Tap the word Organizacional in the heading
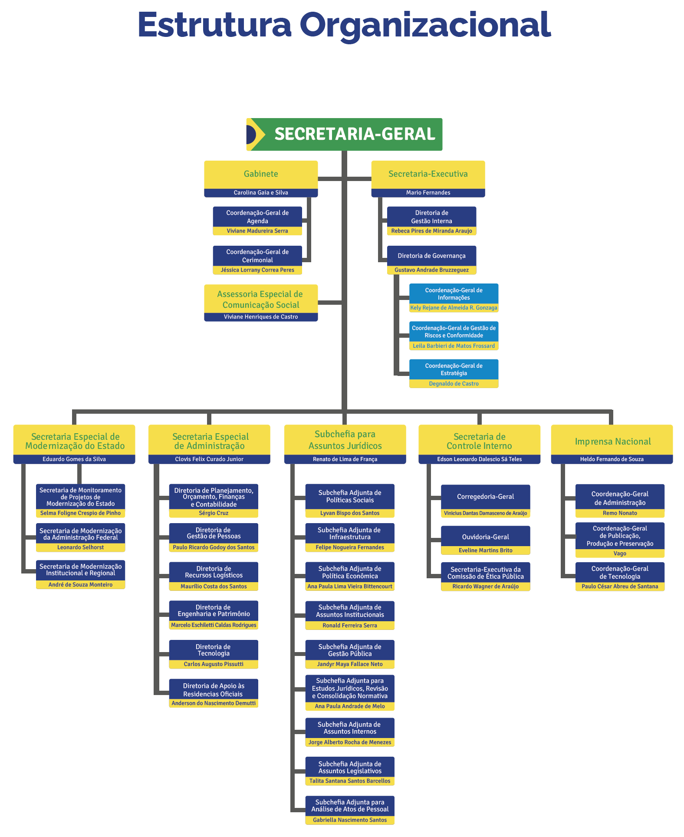click(425, 25)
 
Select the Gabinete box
click(261, 174)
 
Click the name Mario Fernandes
click(428, 193)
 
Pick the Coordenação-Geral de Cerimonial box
click(257, 256)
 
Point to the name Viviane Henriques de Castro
click(261, 317)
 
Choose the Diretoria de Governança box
click(431, 256)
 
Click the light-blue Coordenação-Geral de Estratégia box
click(454, 369)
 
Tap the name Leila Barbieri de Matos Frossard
click(454, 346)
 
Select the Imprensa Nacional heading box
click(612, 441)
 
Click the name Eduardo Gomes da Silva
click(74, 459)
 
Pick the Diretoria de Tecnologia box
click(214, 650)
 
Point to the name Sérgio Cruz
click(214, 513)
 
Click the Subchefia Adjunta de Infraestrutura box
click(350, 534)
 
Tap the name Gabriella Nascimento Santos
click(350, 820)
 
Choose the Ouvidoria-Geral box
click(485, 537)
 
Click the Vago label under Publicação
click(620, 554)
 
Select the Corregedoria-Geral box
click(485, 497)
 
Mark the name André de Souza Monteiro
click(80, 585)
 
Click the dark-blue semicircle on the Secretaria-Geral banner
click(251, 135)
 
